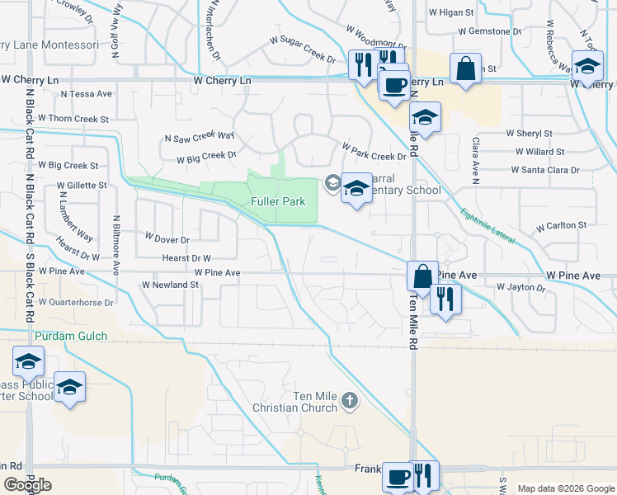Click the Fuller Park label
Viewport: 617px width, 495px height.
[278, 202]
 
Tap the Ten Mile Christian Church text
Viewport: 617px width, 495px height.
[308, 402]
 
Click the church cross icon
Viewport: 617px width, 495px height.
[350, 402]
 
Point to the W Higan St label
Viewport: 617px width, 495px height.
[451, 13]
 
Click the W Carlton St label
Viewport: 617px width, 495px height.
[561, 225]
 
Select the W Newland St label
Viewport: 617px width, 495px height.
[171, 285]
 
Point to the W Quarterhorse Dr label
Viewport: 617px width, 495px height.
[76, 303]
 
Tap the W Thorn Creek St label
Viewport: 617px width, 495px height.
[73, 119]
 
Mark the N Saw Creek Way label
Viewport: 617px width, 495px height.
[200, 138]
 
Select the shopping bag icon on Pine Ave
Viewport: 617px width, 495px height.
[422, 276]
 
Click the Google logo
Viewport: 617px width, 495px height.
[27, 485]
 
